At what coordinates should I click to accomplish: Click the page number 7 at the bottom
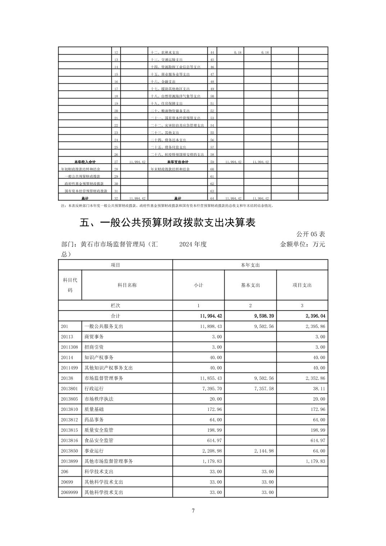pos(193,510)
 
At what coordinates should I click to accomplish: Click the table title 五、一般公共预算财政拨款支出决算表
pos(167,223)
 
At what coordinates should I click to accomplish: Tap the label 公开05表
pos(311,234)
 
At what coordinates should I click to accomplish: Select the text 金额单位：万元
pos(302,244)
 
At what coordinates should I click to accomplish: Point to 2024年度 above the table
pos(193,244)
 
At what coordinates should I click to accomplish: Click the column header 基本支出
pos(251,285)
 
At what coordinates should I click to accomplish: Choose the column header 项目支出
pos(302,285)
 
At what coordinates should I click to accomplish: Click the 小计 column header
pos(198,285)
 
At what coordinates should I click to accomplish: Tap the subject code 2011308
pos(69,347)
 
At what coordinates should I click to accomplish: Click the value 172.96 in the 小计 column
pos(214,409)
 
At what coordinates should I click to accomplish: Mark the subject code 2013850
pos(69,451)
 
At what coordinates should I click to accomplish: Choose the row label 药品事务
pos(94,420)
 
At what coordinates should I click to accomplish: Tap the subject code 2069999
pos(69,492)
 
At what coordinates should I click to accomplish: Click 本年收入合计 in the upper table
pos(85,162)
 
